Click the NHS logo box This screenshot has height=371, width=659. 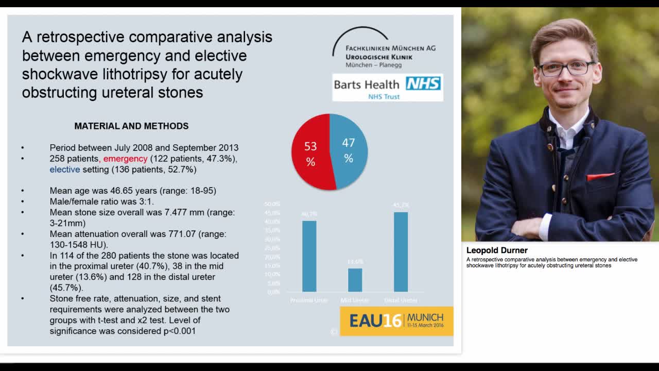point(423,84)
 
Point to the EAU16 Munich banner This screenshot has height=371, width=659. point(396,321)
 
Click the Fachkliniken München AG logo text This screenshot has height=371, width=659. point(390,48)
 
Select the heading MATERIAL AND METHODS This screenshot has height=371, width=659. point(131,126)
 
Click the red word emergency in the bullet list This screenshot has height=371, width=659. point(125,159)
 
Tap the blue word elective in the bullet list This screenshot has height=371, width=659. point(65,170)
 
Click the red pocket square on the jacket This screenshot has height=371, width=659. point(600,177)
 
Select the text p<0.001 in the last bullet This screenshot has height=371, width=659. point(179,331)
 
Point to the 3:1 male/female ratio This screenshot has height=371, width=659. point(146,201)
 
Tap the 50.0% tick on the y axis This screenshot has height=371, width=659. point(272,204)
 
